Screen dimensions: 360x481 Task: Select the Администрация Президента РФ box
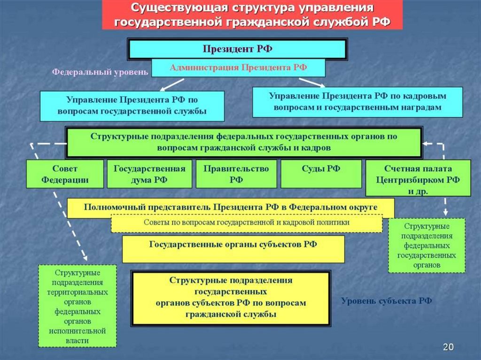[238, 68]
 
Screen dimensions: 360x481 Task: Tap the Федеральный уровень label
[100, 72]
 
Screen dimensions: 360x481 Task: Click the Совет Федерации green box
[65, 174]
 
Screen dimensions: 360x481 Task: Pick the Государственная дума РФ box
[149, 174]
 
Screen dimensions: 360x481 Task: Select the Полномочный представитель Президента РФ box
[231, 207]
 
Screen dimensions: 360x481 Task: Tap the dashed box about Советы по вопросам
[247, 223]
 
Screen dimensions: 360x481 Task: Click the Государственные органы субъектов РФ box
[233, 249]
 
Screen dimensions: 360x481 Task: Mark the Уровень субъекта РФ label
[386, 301]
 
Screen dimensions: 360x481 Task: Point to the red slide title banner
[252, 15]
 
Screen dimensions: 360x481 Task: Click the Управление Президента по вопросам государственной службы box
[132, 106]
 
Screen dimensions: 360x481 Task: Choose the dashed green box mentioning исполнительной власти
[77, 306]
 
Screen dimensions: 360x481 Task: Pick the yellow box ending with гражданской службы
[231, 298]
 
